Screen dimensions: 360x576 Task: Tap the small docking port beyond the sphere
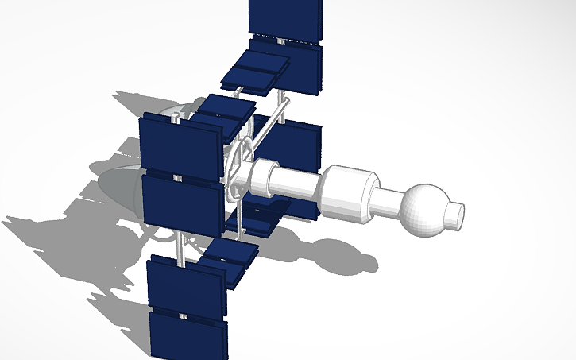tap(455, 213)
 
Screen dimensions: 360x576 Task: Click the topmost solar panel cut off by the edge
tap(285, 15)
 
